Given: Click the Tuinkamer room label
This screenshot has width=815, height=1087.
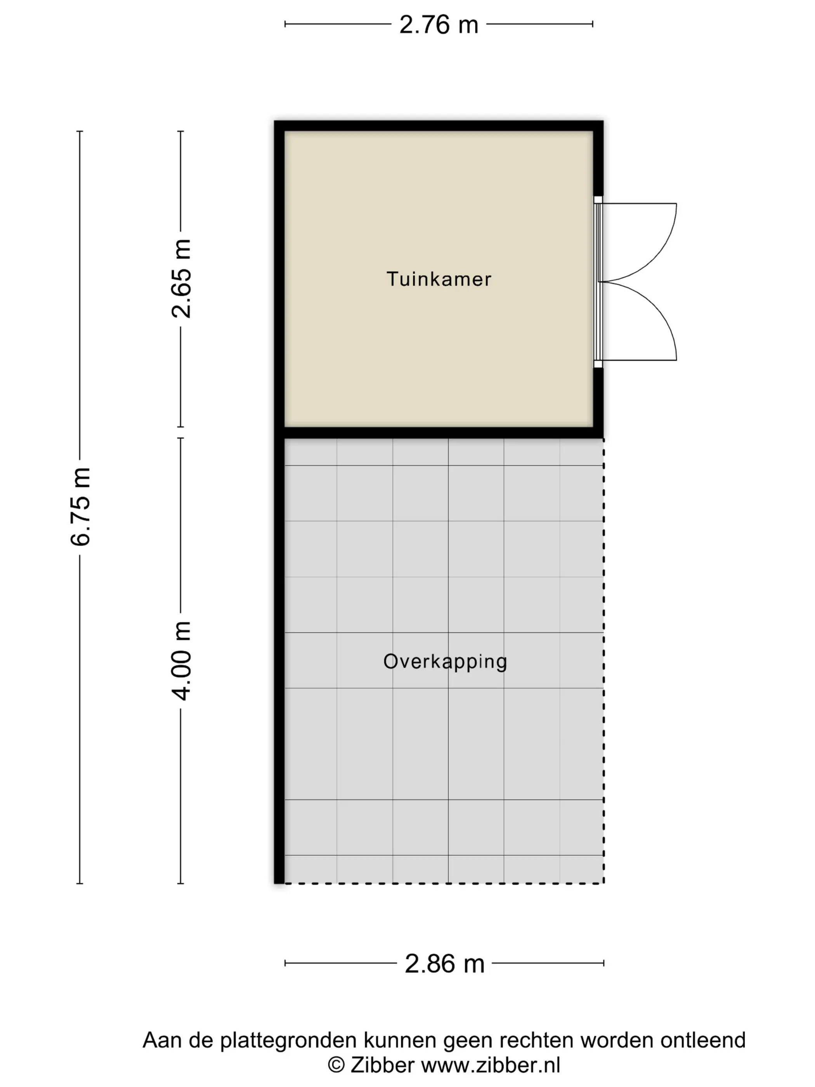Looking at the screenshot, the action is coord(439,279).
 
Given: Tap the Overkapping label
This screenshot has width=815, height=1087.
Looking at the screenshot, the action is coord(445,662).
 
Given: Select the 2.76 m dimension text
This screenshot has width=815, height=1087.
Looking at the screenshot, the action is coord(439,24).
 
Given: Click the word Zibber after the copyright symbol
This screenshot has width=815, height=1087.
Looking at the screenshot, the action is coord(382,1065).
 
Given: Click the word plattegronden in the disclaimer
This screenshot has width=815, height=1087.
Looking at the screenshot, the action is coord(288,1041).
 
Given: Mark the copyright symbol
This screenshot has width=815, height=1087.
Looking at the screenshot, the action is coord(336,1065).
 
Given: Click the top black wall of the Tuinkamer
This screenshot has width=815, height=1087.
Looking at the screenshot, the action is coord(439,126).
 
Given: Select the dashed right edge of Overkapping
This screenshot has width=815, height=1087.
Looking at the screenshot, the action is coord(604,661).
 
